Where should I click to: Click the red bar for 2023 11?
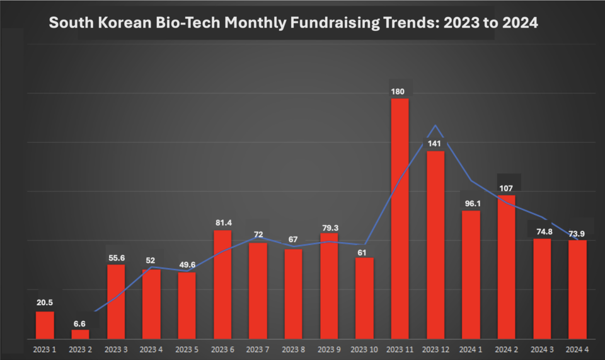(x=400, y=218)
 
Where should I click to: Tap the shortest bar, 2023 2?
(x=80, y=334)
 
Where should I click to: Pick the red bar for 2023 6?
(x=222, y=284)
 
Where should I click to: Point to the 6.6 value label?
(x=80, y=323)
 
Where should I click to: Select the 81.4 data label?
(x=222, y=223)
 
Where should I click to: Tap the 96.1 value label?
(x=470, y=204)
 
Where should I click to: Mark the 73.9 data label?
(x=577, y=233)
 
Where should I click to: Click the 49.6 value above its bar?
(x=187, y=265)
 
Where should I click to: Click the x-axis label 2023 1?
(x=45, y=349)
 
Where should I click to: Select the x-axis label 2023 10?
(x=364, y=349)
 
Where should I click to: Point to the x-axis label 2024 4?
(x=577, y=349)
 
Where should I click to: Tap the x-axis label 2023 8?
(x=293, y=349)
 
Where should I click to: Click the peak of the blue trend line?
(x=435, y=125)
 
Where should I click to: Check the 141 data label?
(x=435, y=144)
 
